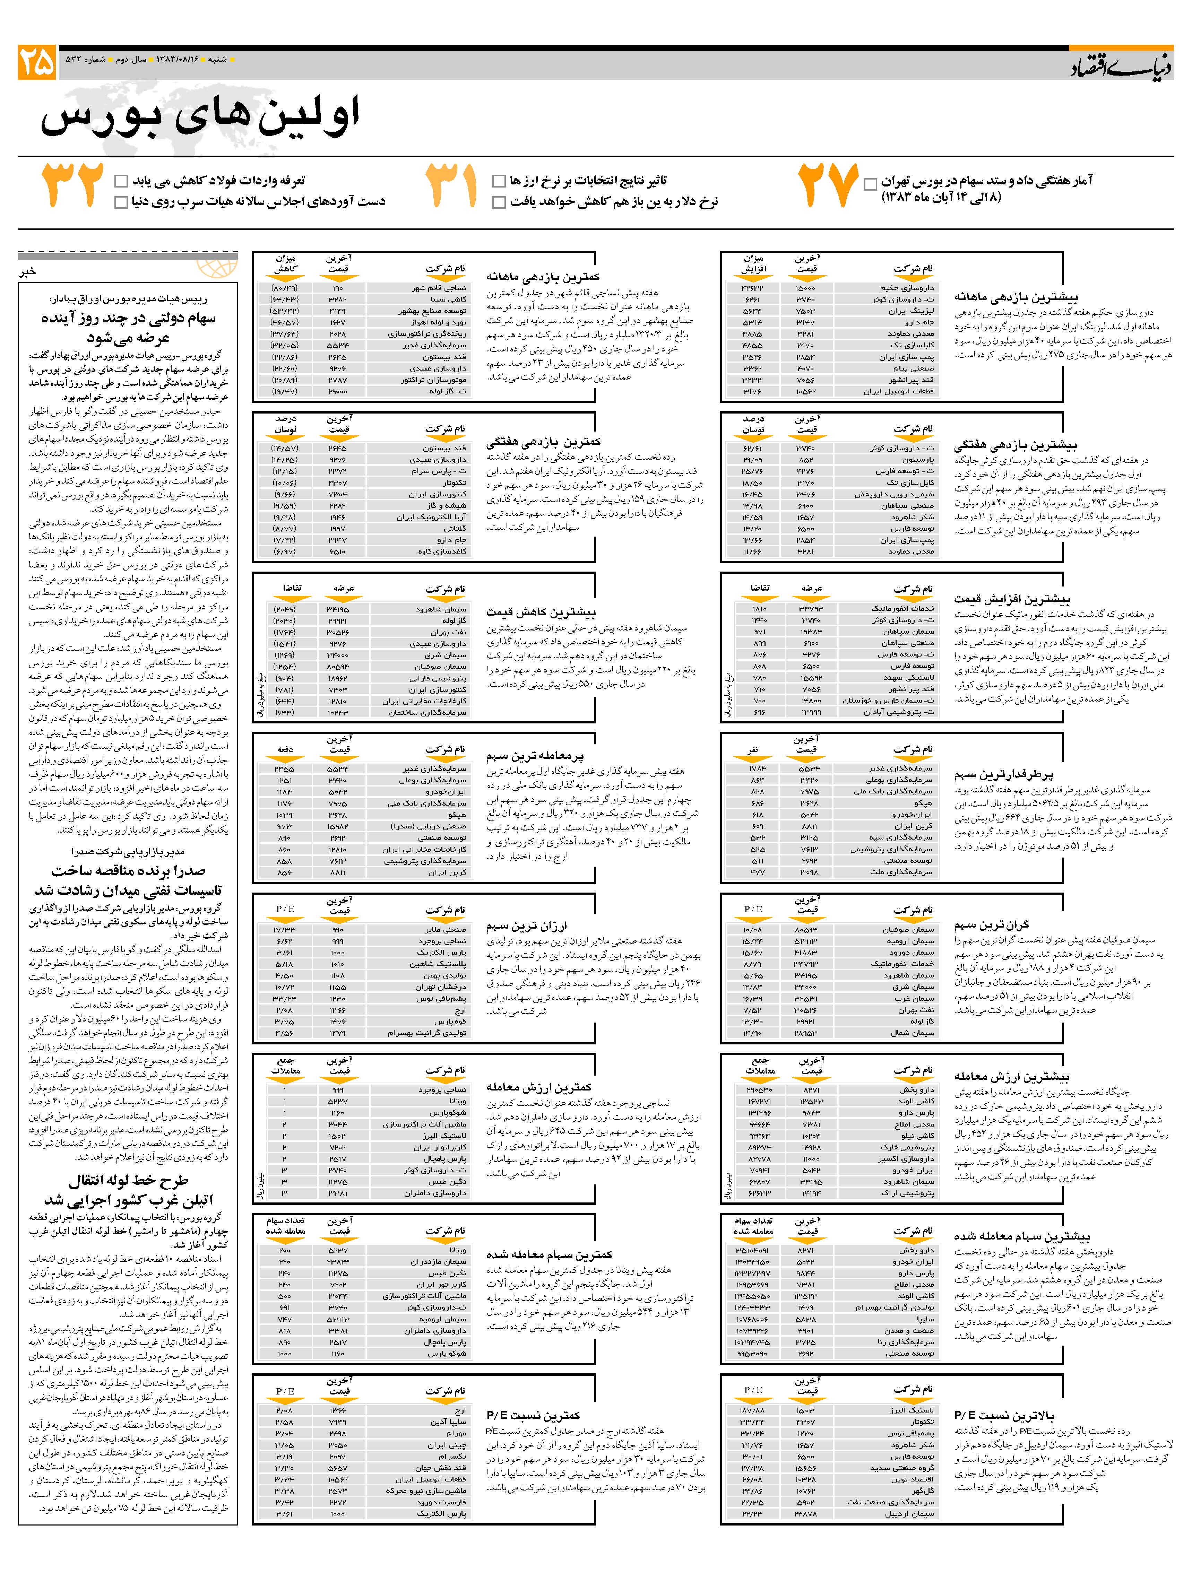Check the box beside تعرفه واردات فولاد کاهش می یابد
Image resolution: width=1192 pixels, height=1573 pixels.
(121, 181)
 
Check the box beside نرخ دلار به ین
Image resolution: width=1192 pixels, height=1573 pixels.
(499, 203)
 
